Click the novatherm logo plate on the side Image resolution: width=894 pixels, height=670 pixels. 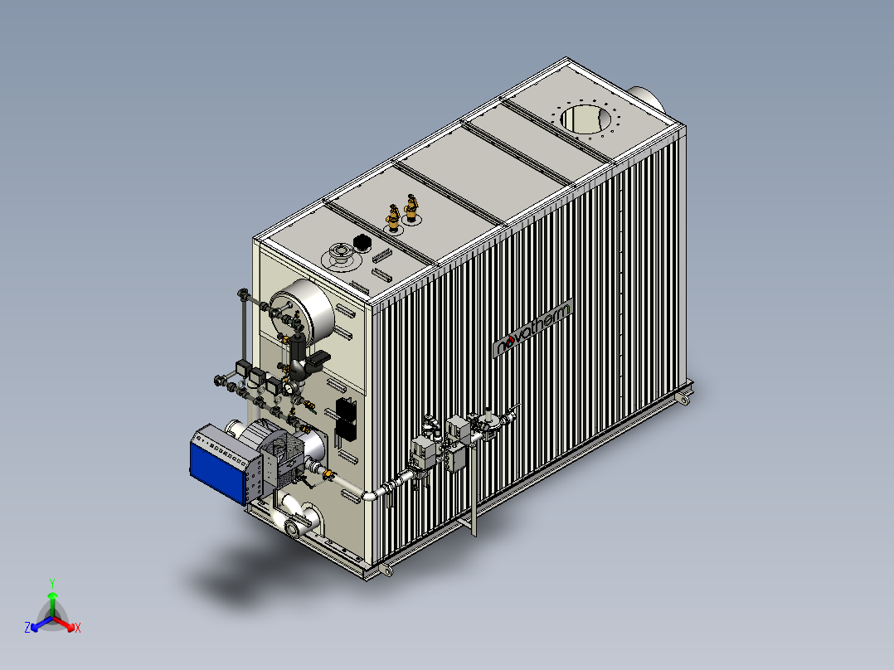[x=532, y=328]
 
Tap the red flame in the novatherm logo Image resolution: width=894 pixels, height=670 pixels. [x=509, y=341]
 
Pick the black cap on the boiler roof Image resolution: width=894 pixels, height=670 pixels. [x=362, y=243]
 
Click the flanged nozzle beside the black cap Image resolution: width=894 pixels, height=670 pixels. [x=341, y=255]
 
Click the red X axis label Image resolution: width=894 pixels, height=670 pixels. [x=78, y=628]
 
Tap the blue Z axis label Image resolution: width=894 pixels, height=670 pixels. [x=27, y=627]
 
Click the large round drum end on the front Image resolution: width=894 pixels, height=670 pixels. [x=301, y=311]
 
